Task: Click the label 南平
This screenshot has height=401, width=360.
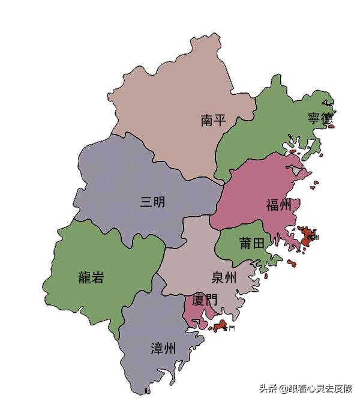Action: tap(213, 120)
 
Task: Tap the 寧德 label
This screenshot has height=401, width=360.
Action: tap(319, 118)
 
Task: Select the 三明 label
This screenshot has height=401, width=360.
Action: tap(152, 202)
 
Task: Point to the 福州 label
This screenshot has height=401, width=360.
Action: tap(278, 205)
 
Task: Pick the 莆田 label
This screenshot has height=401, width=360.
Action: tap(252, 243)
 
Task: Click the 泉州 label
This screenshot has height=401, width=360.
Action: tap(224, 277)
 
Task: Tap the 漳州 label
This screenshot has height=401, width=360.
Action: tap(163, 348)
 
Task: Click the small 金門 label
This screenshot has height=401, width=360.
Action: tap(228, 329)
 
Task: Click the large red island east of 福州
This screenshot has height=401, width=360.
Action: tap(308, 235)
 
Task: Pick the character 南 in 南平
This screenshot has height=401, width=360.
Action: tap(206, 120)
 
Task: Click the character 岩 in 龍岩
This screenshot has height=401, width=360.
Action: tap(98, 277)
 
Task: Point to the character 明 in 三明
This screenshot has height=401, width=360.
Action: tap(159, 202)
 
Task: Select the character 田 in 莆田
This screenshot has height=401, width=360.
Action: tap(259, 243)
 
